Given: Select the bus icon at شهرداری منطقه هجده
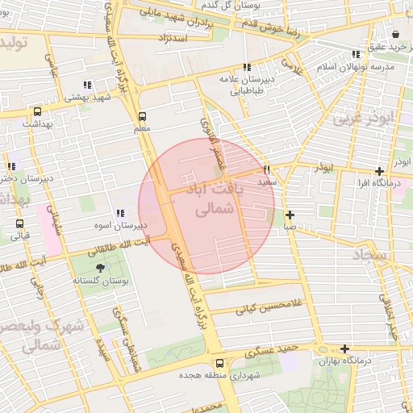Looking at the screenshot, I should pos(219,363).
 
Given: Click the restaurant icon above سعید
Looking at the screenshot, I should pos(267,170).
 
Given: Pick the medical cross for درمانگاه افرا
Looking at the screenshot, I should pos(379,171).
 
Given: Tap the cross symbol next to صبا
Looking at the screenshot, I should pos(290,215).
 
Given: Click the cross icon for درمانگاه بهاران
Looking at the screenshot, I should pos(345,349).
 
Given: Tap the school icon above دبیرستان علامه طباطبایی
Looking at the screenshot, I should pos(246,67).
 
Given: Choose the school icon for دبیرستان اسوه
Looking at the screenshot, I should pos(119,213).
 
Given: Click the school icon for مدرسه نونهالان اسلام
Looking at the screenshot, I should pos(356,54).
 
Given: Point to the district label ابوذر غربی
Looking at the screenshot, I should pos(356,119).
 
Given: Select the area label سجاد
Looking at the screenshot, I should pos(370,256).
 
